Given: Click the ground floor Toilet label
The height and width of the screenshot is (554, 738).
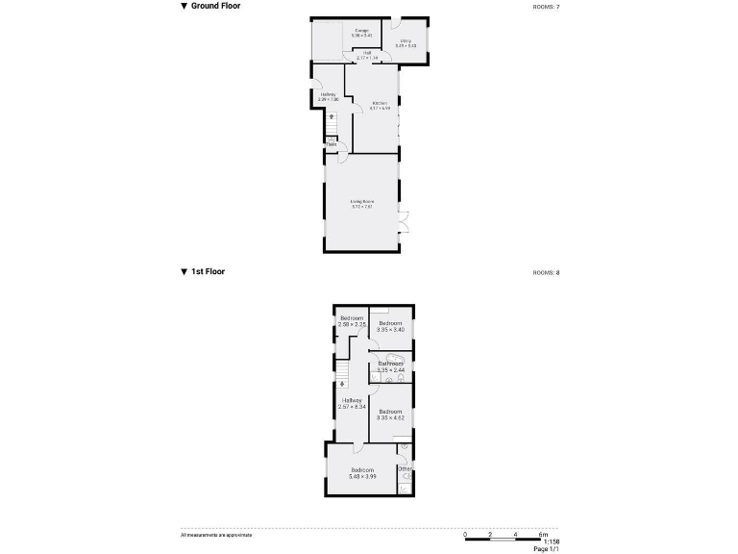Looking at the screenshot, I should coord(331,145).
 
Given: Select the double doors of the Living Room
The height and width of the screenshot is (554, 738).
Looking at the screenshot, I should coord(404,221).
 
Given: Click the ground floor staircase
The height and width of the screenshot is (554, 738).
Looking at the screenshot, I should coord(332,124).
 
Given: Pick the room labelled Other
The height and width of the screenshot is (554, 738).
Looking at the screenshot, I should coord(405,468).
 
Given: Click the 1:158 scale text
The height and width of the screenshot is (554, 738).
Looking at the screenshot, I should coord(549,541).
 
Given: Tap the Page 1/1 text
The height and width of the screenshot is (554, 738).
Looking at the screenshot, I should coord(545,549).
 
